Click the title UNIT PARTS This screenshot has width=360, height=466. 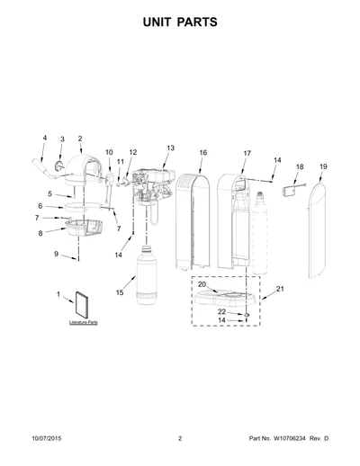click(x=180, y=22)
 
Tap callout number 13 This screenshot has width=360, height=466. click(x=170, y=148)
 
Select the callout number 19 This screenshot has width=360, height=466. click(x=323, y=166)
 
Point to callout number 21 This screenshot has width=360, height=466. click(x=280, y=289)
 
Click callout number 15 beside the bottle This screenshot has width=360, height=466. click(x=120, y=292)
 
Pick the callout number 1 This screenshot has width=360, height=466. click(x=58, y=294)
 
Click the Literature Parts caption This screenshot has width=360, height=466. click(x=84, y=322)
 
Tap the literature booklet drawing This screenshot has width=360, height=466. click(x=82, y=305)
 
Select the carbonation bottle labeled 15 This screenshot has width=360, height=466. click(x=147, y=275)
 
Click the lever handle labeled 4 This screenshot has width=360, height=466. click(x=45, y=170)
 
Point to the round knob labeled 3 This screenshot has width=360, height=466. click(x=59, y=165)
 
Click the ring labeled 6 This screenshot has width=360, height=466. click(x=82, y=206)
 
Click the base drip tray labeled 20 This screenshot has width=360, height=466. click(x=225, y=298)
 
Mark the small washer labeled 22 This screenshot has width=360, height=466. click(x=247, y=315)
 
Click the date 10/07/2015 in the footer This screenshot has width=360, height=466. click(x=47, y=438)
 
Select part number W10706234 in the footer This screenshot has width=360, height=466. click(x=289, y=438)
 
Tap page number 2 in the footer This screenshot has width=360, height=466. click(x=180, y=438)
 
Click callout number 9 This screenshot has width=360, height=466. click(x=56, y=254)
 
